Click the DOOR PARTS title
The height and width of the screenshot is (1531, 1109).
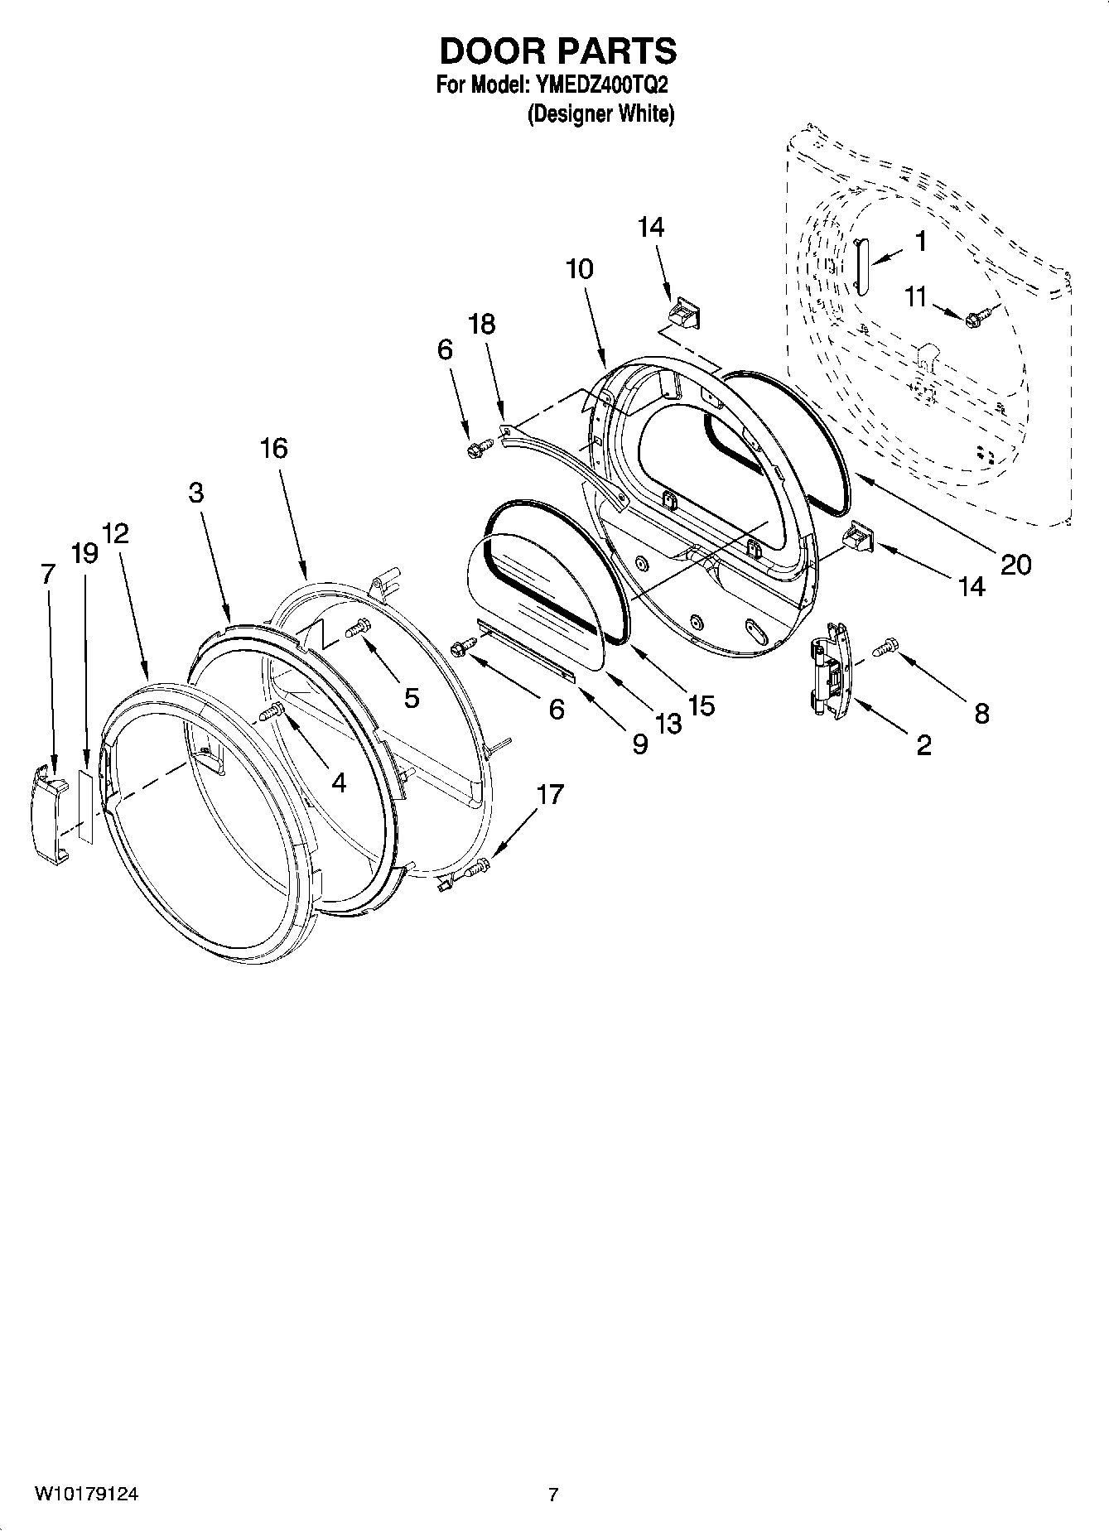(557, 51)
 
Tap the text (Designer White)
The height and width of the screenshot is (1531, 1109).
(601, 114)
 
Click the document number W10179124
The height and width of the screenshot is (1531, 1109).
(86, 1494)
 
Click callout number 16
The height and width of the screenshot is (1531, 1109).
(273, 448)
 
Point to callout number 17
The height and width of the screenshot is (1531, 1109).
(549, 795)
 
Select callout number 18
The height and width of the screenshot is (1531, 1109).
(481, 324)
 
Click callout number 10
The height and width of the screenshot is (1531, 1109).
(580, 268)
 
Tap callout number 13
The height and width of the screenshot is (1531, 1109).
(668, 723)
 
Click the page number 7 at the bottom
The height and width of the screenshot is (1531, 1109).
(553, 1495)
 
